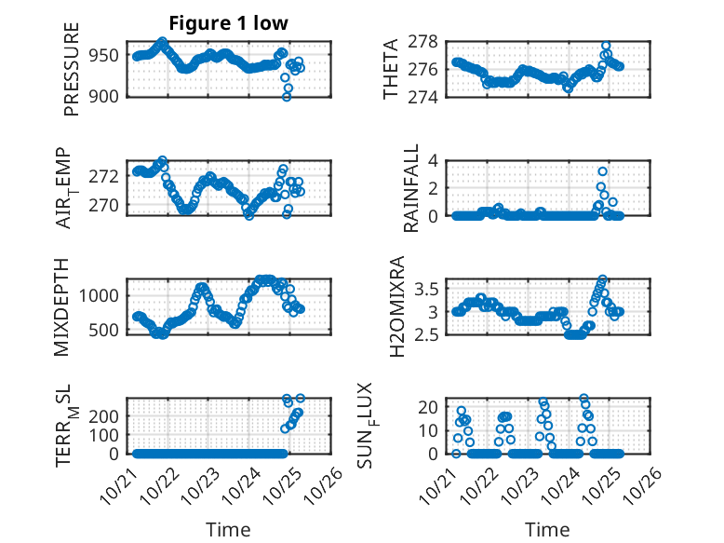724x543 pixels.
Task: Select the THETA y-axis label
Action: [392, 70]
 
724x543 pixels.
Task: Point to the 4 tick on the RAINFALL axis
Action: [435, 160]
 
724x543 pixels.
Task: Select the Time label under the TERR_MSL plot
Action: [228, 530]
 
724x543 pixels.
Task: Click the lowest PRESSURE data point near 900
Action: [287, 97]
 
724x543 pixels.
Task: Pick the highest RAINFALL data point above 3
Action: [603, 171]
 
